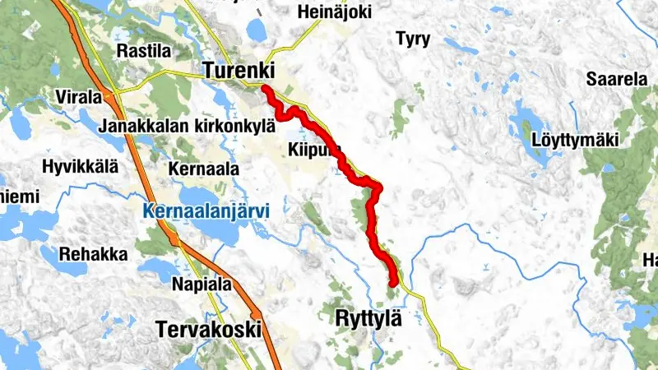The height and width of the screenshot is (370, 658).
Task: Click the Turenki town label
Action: pyautogui.click(x=239, y=71)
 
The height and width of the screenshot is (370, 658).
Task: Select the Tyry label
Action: pyautogui.click(x=413, y=39)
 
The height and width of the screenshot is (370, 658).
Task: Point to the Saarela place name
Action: pyautogui.click(x=617, y=80)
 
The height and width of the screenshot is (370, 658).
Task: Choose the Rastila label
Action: pyautogui.click(x=144, y=51)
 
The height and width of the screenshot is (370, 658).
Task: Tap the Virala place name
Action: pyautogui.click(x=79, y=97)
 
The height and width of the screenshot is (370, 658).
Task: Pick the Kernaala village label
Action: pyautogui.click(x=202, y=169)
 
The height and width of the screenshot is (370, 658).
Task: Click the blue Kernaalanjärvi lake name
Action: pyautogui.click(x=206, y=211)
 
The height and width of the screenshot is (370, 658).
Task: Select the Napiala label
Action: pyautogui.click(x=197, y=284)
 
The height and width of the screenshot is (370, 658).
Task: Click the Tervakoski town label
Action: pyautogui.click(x=208, y=330)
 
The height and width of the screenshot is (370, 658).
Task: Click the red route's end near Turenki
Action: pyautogui.click(x=266, y=88)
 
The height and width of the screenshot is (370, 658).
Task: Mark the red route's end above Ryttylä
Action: pyautogui.click(x=393, y=283)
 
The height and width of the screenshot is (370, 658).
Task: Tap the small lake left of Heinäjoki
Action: pyautogui.click(x=256, y=30)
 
